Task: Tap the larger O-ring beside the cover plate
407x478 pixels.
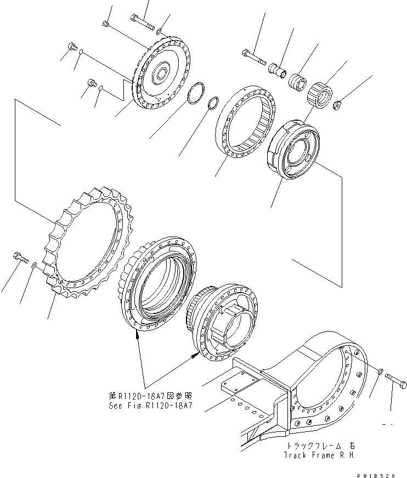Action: pyautogui.click(x=195, y=94)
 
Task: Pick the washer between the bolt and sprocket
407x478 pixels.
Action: pyautogui.click(x=34, y=266)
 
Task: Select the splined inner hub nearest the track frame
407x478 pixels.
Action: pyautogui.click(x=225, y=318)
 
